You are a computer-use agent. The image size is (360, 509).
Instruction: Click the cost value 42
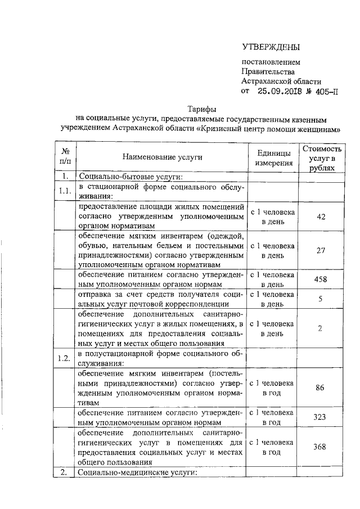[x=321, y=217]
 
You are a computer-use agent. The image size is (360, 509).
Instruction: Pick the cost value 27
[x=321, y=250]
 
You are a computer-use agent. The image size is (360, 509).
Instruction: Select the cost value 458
[x=321, y=280]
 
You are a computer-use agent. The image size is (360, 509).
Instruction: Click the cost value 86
[x=321, y=388]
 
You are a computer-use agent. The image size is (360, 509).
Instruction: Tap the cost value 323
[x=321, y=417]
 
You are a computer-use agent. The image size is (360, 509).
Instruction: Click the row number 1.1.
[x=65, y=191]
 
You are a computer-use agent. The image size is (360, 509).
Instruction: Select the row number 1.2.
[x=65, y=358]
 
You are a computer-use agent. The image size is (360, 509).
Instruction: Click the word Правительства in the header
[x=268, y=71]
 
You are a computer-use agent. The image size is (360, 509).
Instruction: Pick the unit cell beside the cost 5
[x=273, y=299]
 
